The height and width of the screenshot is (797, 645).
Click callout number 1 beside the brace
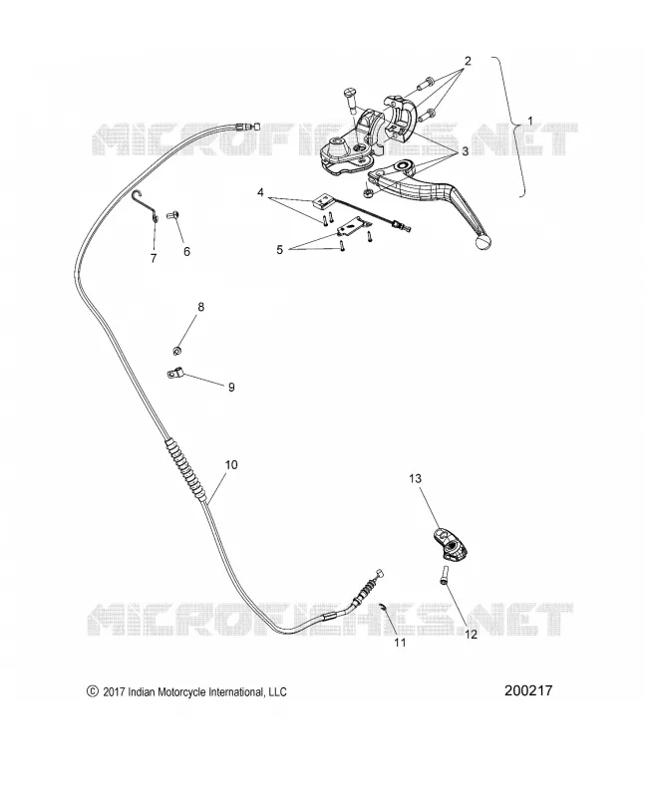click(530, 122)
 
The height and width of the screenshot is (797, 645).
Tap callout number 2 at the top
click(468, 61)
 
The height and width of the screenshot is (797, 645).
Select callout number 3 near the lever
click(465, 151)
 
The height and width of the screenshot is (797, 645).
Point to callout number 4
click(260, 192)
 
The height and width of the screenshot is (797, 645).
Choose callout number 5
click(279, 250)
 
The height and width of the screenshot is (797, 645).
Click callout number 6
click(186, 252)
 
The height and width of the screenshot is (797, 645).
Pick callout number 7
click(154, 258)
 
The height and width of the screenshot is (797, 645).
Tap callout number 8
click(201, 307)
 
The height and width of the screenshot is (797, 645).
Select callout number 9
click(231, 388)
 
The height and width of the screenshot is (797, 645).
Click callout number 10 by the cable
click(231, 465)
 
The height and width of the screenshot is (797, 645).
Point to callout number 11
click(401, 643)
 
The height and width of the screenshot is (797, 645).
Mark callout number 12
click(471, 635)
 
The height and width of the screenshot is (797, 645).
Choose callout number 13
click(415, 478)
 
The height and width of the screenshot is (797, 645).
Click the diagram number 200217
click(528, 690)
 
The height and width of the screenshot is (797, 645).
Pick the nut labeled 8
click(176, 351)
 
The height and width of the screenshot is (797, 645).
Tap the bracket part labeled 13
click(452, 544)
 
